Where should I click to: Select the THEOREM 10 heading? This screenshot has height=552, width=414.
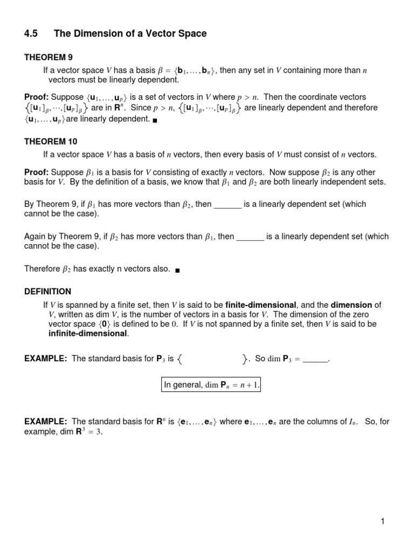click(51, 142)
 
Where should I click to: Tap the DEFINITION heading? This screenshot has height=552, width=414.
click(47, 291)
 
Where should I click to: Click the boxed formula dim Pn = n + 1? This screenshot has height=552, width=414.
click(211, 385)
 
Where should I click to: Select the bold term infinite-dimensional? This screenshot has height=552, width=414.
click(88, 333)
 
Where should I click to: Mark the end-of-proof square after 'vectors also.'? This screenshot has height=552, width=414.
click(177, 269)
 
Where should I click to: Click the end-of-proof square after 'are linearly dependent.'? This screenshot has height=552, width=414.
click(155, 120)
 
